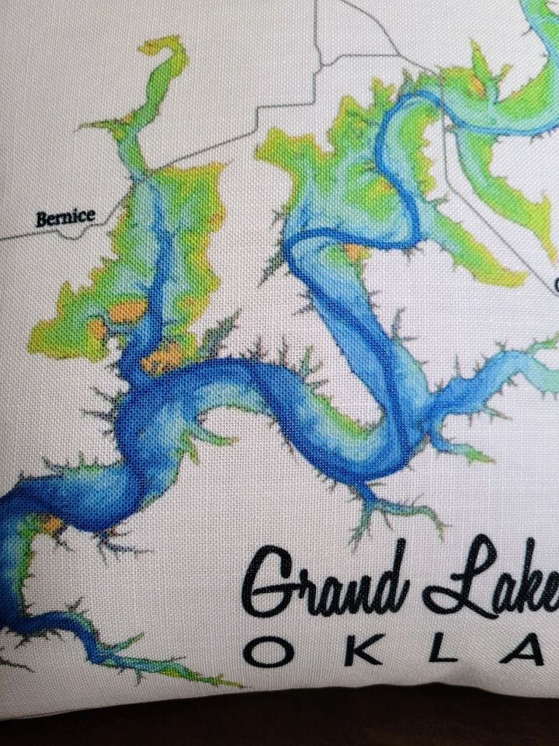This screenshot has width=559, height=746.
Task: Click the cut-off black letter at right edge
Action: pos(555,284)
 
